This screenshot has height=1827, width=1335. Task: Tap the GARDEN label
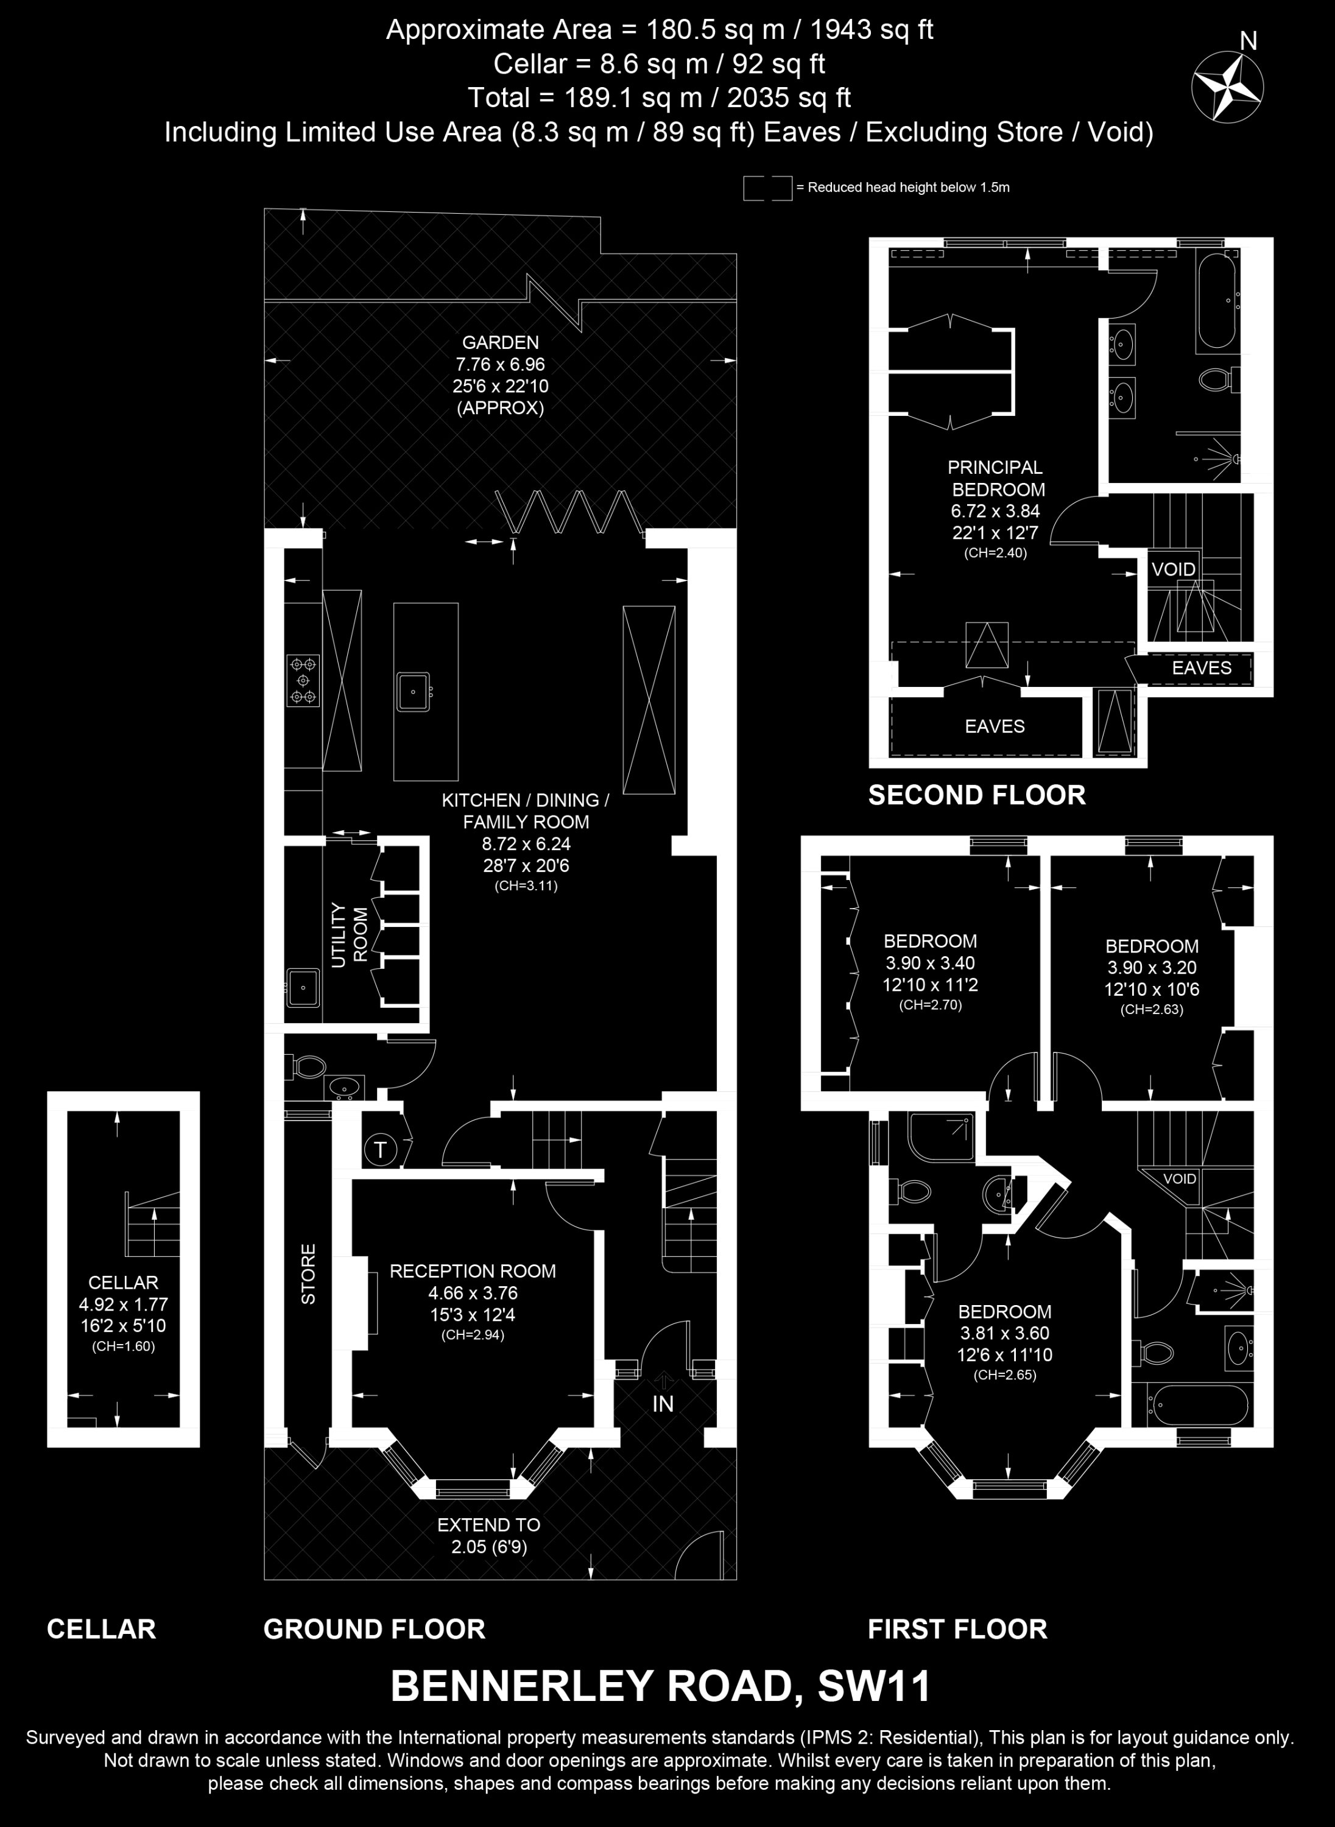[500, 343]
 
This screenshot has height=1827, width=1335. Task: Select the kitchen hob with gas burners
[303, 680]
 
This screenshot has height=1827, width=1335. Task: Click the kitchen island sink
[413, 692]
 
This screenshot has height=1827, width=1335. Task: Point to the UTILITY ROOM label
[349, 935]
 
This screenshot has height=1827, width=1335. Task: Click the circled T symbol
[380, 1150]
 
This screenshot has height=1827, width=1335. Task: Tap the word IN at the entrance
[663, 1404]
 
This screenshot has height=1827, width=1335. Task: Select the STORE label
[309, 1274]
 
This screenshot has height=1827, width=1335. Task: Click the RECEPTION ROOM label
[473, 1271]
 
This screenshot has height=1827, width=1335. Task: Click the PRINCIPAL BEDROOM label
[996, 478]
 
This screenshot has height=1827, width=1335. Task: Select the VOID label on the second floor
[1174, 569]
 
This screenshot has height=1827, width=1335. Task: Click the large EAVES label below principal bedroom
[995, 727]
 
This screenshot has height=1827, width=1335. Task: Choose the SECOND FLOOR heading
[977, 795]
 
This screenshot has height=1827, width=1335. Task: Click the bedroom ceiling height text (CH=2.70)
[930, 1006]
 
